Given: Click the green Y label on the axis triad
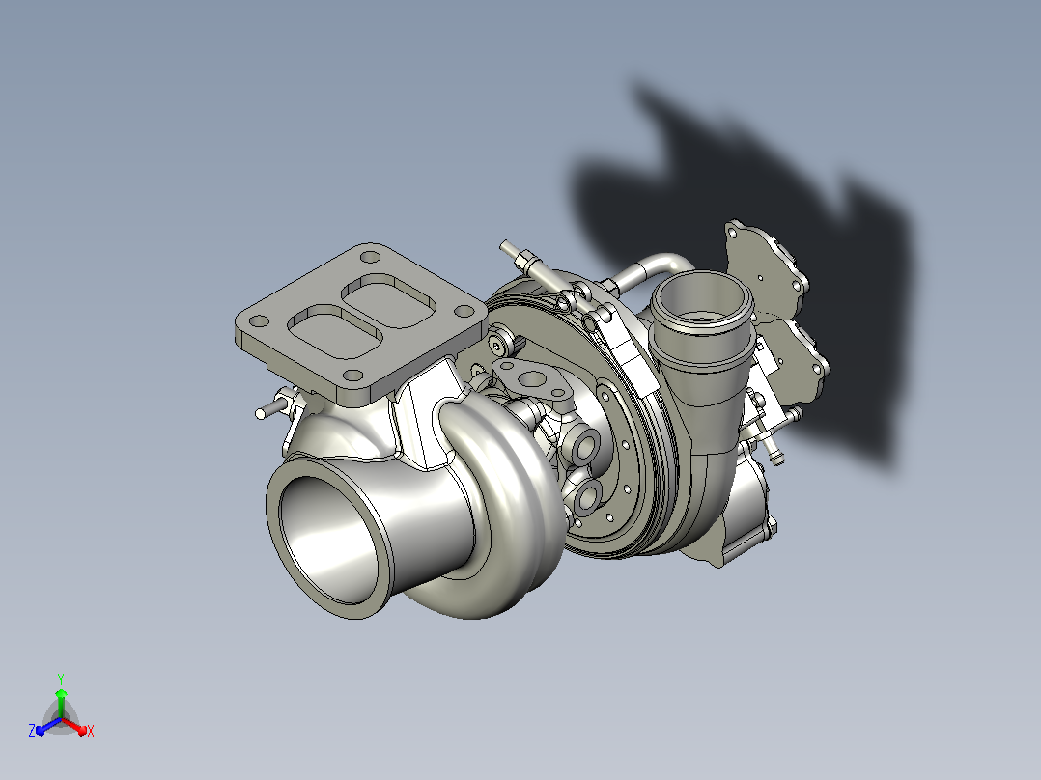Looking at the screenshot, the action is click(x=61, y=680).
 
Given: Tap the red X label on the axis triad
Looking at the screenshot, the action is click(x=91, y=731).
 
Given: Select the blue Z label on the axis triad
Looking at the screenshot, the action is click(x=32, y=730).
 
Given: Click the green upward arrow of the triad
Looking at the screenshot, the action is click(x=61, y=703).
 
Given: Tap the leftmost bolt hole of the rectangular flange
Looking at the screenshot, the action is click(x=259, y=321).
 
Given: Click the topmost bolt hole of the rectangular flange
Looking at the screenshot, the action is click(x=369, y=257).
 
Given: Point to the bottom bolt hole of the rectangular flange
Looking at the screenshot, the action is click(x=353, y=376).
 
